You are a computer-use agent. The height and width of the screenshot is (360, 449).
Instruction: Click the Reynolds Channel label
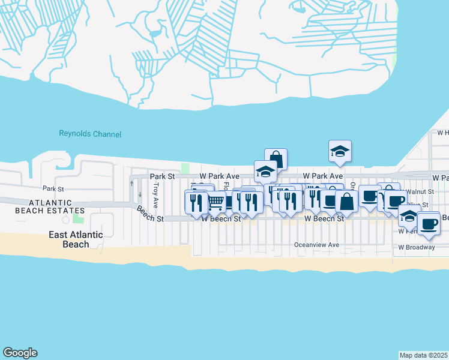tap(90, 134)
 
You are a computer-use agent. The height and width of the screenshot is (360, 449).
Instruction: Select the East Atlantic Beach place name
tap(76, 239)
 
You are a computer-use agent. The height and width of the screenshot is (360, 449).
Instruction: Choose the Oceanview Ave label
tap(316, 245)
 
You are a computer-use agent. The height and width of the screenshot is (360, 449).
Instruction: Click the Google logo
tap(20, 353)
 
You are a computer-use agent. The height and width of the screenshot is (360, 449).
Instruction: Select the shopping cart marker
tap(215, 202)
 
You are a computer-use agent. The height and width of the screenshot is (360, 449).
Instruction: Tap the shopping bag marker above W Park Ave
tap(276, 158)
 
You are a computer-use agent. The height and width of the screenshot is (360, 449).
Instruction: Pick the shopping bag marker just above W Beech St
tap(346, 201)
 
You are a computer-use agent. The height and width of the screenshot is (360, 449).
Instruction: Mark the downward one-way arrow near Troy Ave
tap(140, 194)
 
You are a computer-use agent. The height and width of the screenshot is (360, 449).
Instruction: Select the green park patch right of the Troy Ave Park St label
tap(185, 169)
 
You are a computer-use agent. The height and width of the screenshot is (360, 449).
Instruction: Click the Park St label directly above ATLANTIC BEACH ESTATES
tap(53, 189)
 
